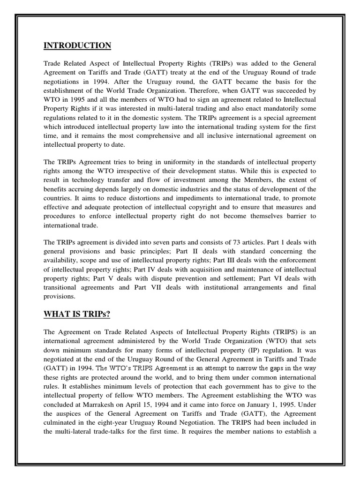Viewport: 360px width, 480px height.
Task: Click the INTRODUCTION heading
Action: (x=77, y=45)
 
